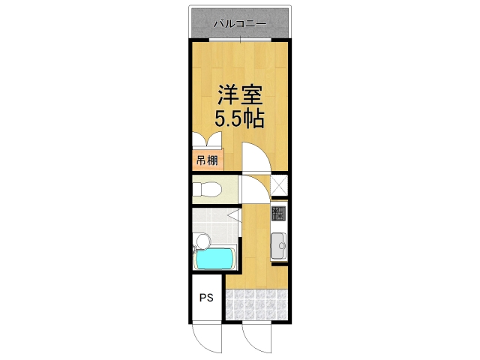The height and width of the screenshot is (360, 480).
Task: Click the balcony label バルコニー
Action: [239, 23]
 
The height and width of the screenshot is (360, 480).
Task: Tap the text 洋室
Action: [239, 95]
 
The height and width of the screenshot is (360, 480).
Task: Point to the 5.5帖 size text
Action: [239, 118]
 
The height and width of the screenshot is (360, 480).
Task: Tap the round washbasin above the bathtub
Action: [201, 241]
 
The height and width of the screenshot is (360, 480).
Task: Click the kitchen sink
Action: [279, 244]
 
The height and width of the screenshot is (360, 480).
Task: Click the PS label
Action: [206, 298]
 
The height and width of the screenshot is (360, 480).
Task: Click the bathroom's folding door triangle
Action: [234, 217]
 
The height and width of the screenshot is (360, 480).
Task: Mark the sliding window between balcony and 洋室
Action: [239, 38]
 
